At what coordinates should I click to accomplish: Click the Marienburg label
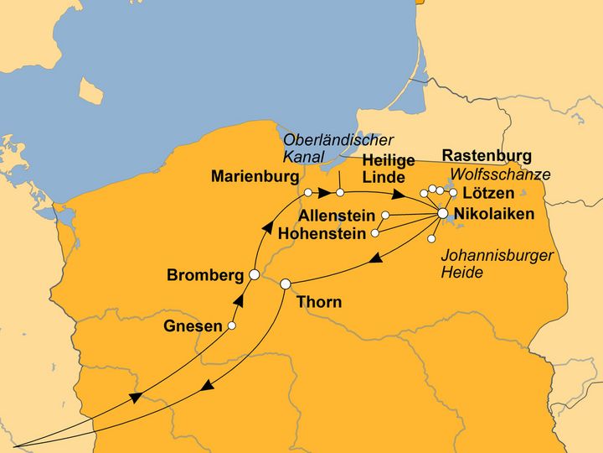tap(255, 177)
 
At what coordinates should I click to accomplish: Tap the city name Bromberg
tap(205, 275)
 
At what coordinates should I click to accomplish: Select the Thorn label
tap(319, 302)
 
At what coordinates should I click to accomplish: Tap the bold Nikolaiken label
tap(493, 214)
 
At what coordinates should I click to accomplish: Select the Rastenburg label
tap(487, 156)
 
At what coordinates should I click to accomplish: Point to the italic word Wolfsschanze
tap(500, 174)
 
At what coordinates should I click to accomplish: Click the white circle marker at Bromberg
tap(254, 274)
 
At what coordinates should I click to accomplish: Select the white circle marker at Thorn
tap(285, 284)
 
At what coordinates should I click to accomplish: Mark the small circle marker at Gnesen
tap(232, 325)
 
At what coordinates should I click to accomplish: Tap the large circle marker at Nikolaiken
tap(443, 215)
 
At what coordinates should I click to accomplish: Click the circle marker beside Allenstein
tap(385, 216)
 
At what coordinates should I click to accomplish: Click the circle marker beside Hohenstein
tap(375, 232)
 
